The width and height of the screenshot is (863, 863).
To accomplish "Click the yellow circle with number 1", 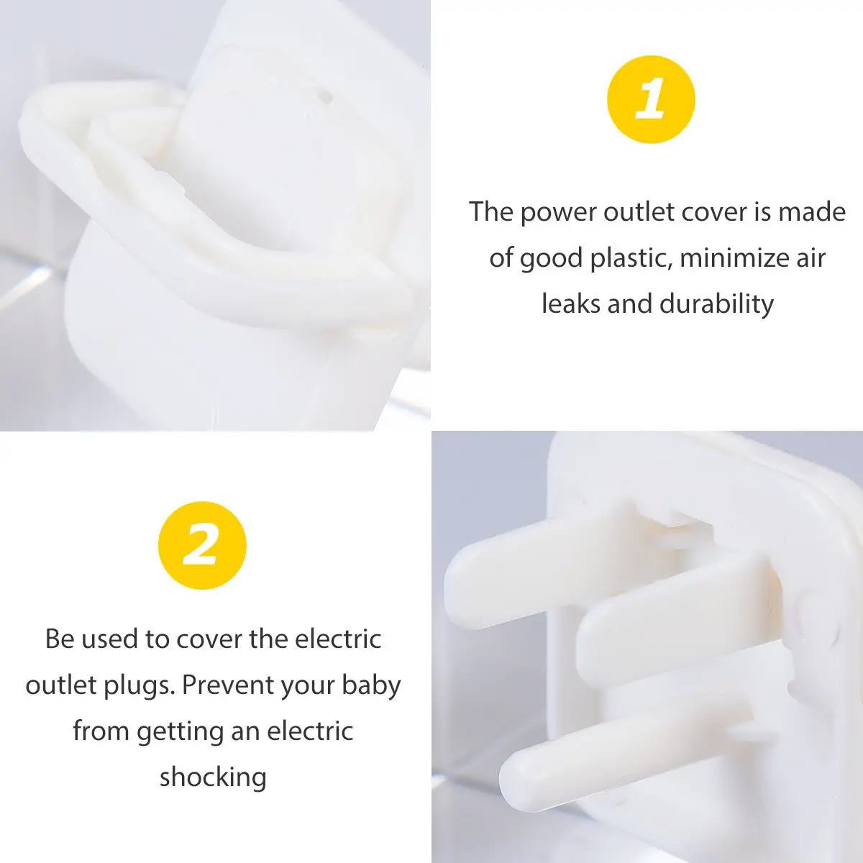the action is [651, 99].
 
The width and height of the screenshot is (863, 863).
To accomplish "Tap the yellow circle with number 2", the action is [202, 545].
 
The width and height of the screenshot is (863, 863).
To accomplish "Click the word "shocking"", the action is [213, 777].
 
